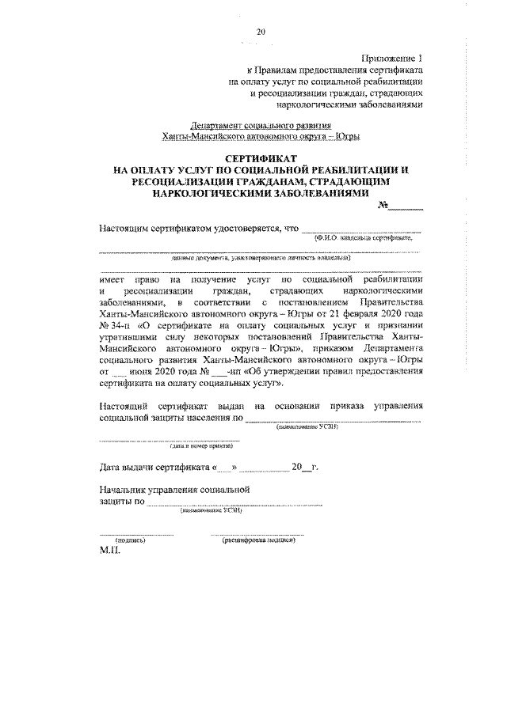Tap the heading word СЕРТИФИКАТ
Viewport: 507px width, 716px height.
point(260,158)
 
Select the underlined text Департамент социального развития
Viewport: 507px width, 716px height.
point(262,125)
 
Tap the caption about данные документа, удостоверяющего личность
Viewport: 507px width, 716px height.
point(261,258)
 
